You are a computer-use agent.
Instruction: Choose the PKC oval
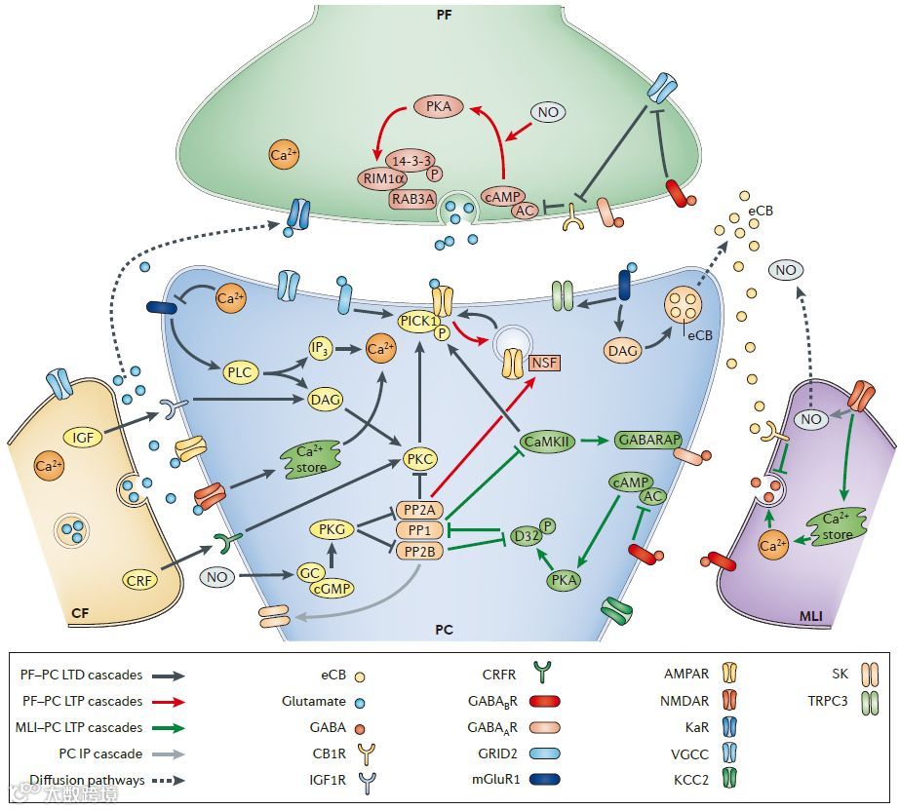(x=421, y=458)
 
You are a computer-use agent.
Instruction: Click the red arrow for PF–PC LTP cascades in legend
(x=165, y=701)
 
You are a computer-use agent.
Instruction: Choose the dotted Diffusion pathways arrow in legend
(x=165, y=780)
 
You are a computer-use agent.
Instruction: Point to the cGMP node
(x=332, y=589)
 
